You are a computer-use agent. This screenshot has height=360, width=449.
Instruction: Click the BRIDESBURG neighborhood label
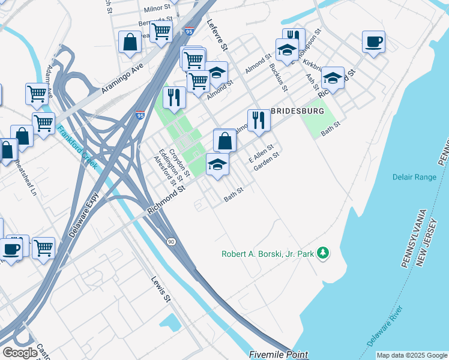point(298,112)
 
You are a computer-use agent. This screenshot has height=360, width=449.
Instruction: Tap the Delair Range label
point(414,178)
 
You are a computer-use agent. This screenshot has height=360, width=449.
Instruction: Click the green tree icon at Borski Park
point(324,253)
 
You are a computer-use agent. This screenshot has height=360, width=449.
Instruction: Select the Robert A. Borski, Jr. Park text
point(268,254)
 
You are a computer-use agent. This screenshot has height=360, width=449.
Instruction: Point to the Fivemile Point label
point(279,355)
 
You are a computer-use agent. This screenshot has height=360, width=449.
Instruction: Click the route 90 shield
point(171,241)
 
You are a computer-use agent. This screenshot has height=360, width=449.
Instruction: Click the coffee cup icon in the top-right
point(373,41)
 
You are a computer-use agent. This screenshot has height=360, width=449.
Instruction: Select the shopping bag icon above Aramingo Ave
point(130,42)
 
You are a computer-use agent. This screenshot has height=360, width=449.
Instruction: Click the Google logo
point(20,353)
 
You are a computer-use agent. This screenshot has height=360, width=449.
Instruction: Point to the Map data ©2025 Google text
point(411,355)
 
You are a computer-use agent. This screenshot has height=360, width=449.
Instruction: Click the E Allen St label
point(262,154)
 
